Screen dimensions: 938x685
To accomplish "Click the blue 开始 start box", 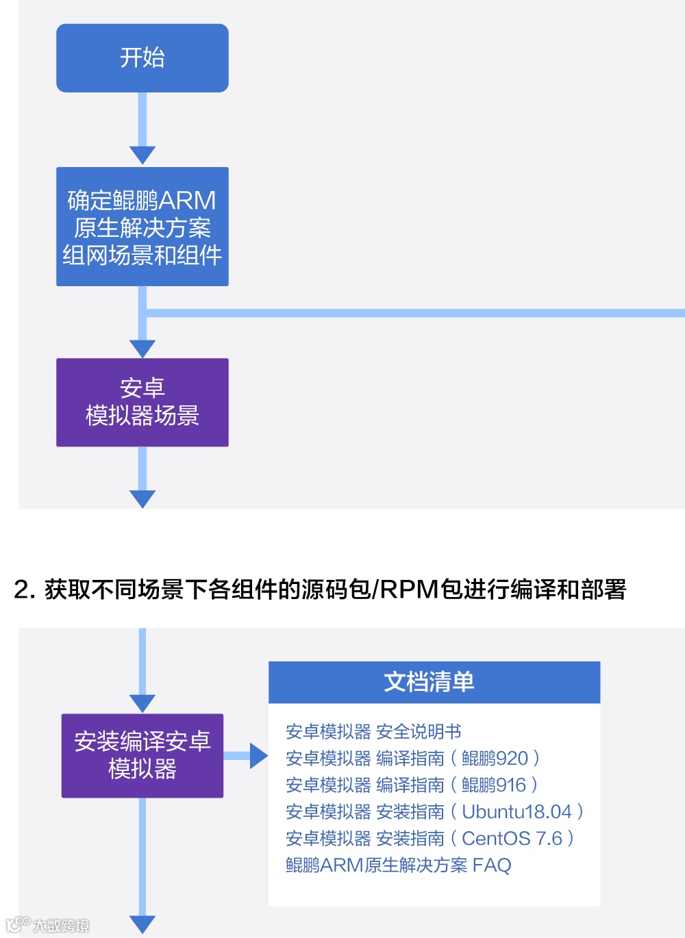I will pos(142,58).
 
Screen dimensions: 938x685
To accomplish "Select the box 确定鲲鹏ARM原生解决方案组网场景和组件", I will pos(142,227).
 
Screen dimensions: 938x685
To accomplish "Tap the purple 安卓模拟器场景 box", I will pos(142,402).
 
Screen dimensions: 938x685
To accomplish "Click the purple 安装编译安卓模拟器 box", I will pos(142,755).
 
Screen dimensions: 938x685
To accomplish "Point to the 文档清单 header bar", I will pos(434,682).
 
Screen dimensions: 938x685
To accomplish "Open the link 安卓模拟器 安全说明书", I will pos(373,732).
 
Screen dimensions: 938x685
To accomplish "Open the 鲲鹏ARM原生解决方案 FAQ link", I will pos(398,865).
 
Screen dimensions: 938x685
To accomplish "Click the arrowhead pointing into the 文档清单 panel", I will pos(258,756).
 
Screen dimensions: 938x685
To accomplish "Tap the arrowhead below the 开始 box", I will pos(142,155).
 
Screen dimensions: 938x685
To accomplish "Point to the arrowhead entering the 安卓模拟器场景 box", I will pos(142,348).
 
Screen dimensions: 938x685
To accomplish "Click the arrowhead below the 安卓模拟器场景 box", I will pos(142,498).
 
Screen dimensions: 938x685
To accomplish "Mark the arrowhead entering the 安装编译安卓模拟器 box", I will pos(142,703).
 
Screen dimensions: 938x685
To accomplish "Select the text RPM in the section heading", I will pos(409,590).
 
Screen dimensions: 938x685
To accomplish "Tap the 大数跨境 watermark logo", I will pos(48,925).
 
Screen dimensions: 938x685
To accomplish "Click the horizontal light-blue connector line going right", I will pos(411,313).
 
